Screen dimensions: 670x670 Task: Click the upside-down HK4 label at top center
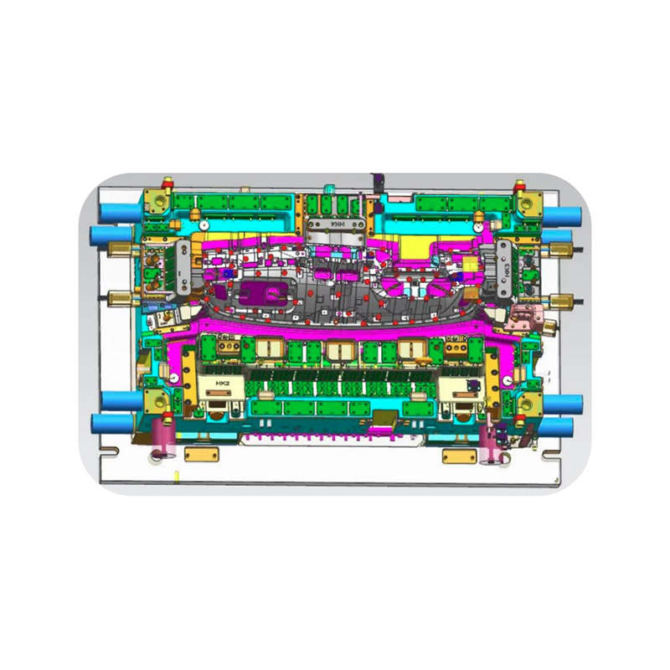337,225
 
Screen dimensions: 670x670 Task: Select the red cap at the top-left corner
167,180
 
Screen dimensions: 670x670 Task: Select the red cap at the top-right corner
520,180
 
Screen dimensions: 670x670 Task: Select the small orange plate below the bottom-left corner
201,455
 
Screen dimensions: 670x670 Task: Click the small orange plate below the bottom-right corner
459,456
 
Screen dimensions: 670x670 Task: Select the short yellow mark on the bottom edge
177,476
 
